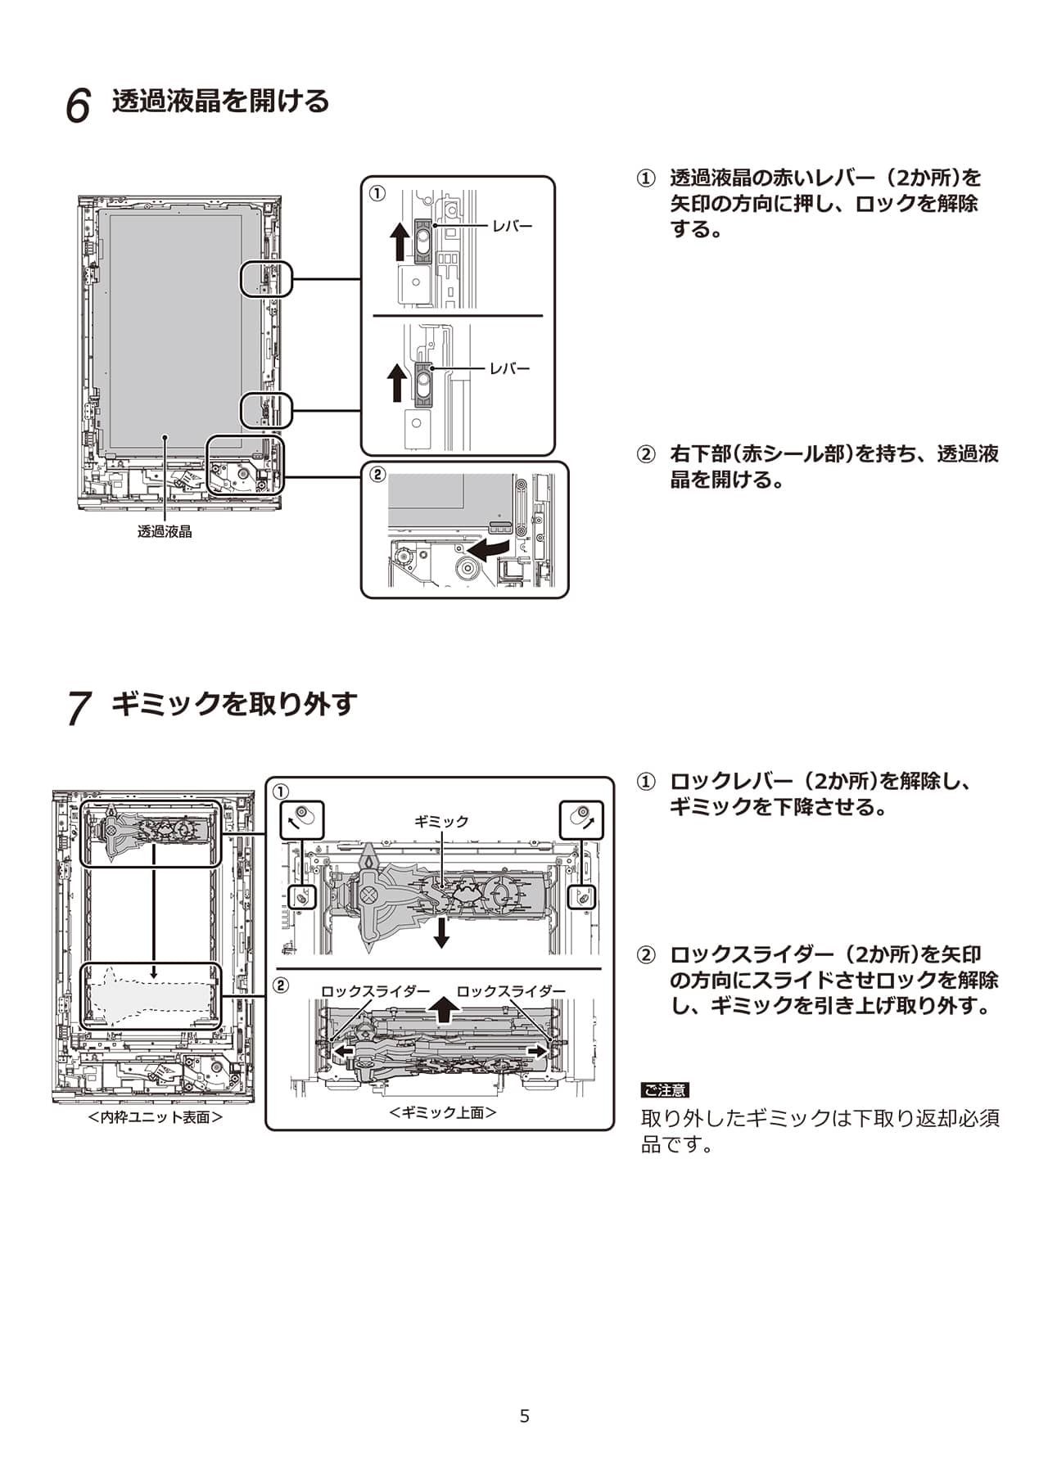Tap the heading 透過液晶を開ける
(220, 101)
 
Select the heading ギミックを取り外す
(234, 703)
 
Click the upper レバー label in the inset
(512, 226)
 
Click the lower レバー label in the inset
(510, 368)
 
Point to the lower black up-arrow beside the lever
(397, 382)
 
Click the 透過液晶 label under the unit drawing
(165, 531)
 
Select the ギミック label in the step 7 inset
(441, 821)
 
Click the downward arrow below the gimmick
(441, 932)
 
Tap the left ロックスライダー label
(375, 991)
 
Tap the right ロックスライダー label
(511, 991)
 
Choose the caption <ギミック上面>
(443, 1112)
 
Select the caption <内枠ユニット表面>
(156, 1117)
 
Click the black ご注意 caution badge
(665, 1090)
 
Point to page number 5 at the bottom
(525, 1416)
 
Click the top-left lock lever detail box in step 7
(302, 819)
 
